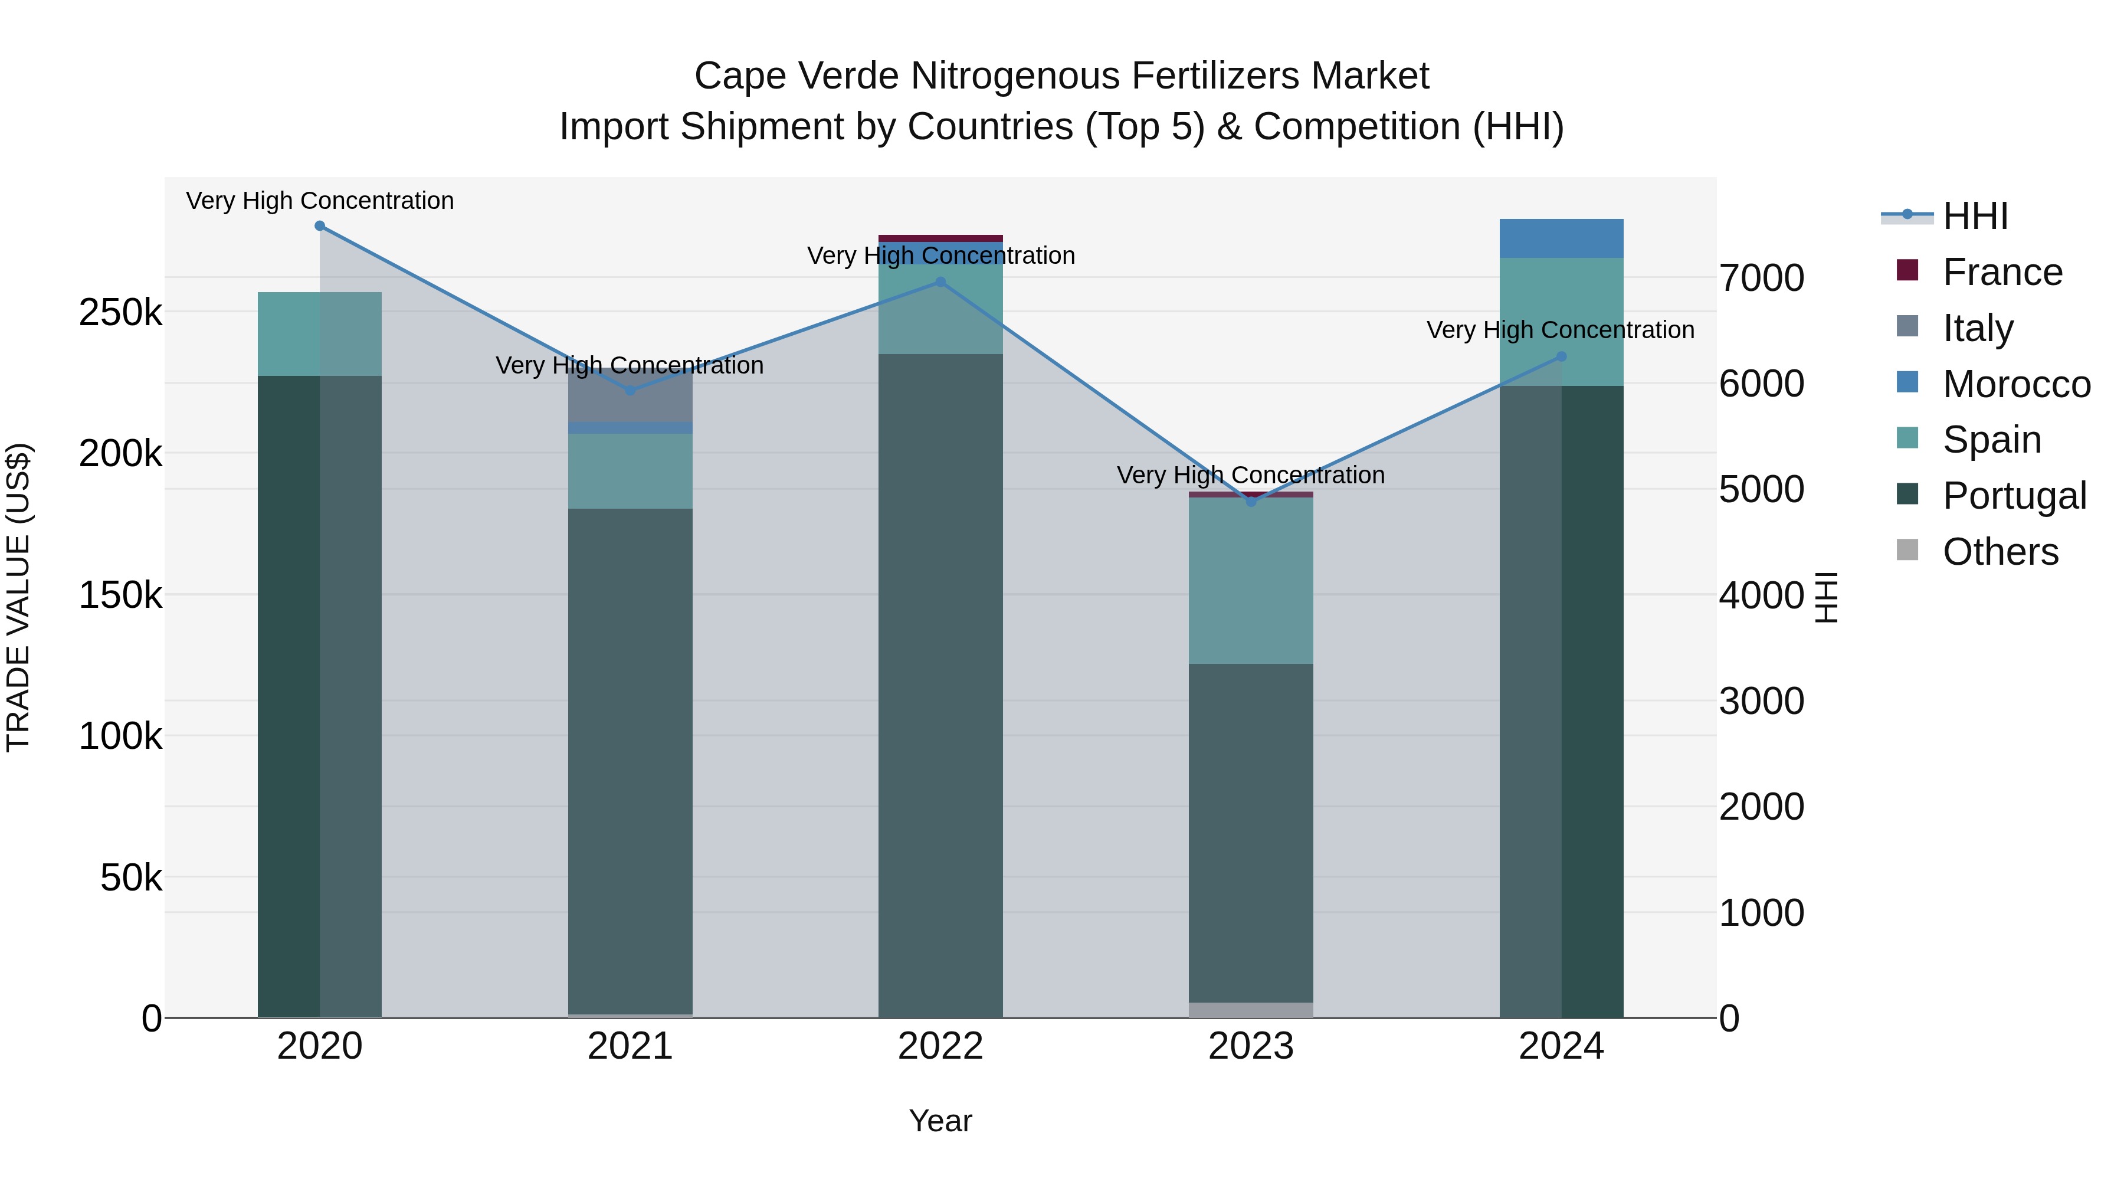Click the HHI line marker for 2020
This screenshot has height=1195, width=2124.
tap(320, 226)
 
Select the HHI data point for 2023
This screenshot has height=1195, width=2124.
tap(1251, 502)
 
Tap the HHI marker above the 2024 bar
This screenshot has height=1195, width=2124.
tap(1561, 357)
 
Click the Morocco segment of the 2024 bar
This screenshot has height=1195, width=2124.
tap(1561, 239)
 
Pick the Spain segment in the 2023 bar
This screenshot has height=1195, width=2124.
tap(1251, 581)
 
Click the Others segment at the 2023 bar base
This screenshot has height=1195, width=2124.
tap(1251, 1010)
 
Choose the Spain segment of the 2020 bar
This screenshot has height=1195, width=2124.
tap(320, 334)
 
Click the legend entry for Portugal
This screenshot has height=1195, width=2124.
tap(2014, 496)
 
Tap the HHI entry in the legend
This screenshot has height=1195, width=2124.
tap(1975, 216)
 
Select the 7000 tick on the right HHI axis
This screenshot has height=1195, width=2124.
tap(1761, 278)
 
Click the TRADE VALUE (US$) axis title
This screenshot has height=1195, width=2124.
tap(19, 597)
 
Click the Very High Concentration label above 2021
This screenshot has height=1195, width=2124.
tap(630, 365)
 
